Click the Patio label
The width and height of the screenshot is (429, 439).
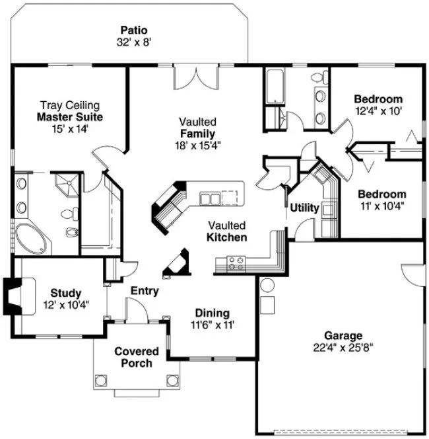pos(133,30)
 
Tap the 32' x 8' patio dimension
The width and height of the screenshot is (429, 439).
pos(133,42)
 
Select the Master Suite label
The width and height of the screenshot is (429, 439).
pos(69,117)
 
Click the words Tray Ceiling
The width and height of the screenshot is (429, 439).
pos(69,105)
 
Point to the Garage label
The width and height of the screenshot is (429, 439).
pos(343,335)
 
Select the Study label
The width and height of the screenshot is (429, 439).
pos(65,293)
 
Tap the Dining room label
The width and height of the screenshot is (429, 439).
pos(212,313)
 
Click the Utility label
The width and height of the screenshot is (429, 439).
pos(304,208)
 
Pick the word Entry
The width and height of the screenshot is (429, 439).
pos(144,291)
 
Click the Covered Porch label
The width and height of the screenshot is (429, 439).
pos(137,357)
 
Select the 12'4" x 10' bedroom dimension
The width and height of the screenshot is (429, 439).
pos(378,111)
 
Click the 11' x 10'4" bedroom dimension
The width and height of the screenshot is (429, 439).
pos(381,206)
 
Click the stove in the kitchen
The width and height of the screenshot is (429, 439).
pos(236,262)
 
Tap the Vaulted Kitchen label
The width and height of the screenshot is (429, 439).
pos(227,231)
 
